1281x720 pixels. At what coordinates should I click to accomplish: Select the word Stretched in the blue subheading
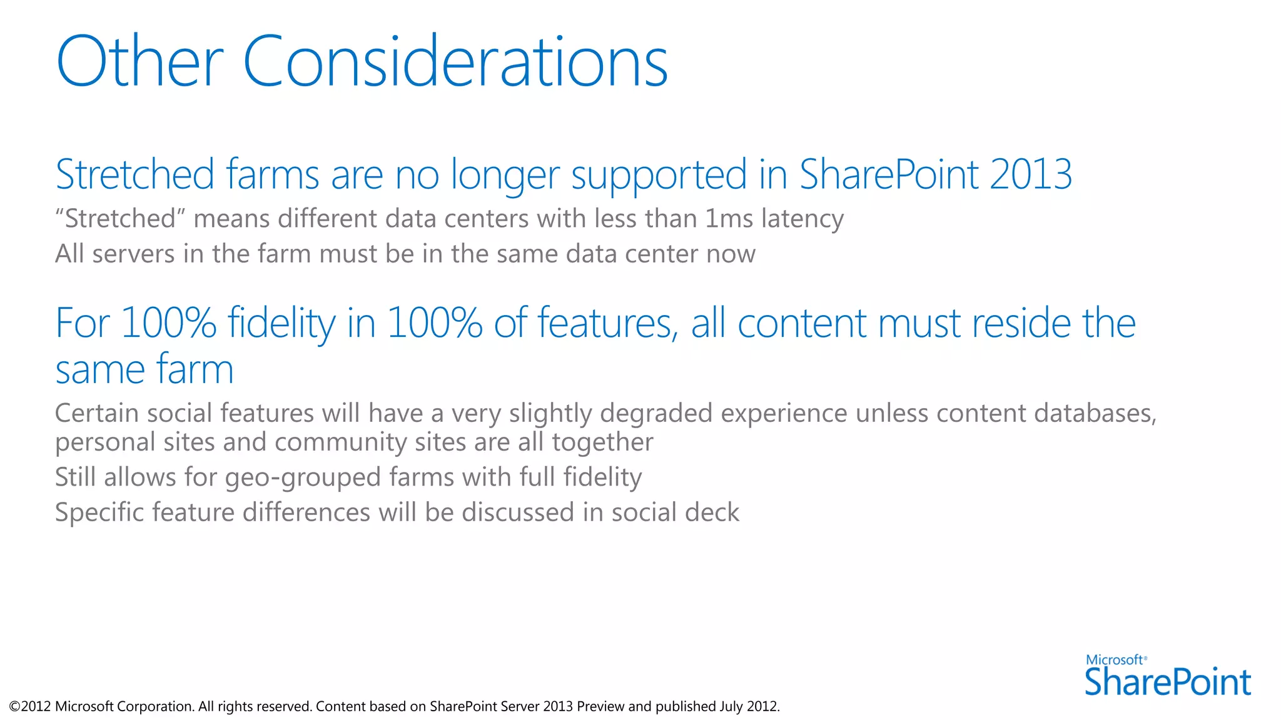click(x=135, y=174)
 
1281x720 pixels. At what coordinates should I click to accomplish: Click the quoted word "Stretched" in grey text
click(x=121, y=219)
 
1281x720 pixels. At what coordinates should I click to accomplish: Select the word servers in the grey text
click(x=133, y=254)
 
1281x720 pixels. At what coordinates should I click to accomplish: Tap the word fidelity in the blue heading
click(x=281, y=324)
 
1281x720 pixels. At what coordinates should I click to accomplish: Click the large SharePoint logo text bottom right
click(x=1167, y=682)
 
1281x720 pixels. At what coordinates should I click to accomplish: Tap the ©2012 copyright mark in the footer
click(x=30, y=707)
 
